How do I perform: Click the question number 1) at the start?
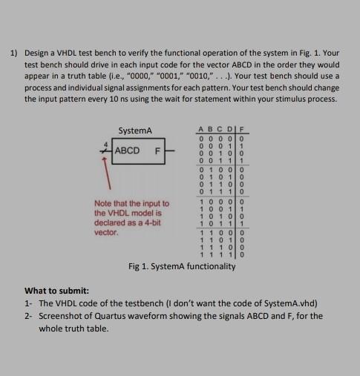14,54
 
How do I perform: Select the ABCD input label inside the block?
130,152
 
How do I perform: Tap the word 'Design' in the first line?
38,54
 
